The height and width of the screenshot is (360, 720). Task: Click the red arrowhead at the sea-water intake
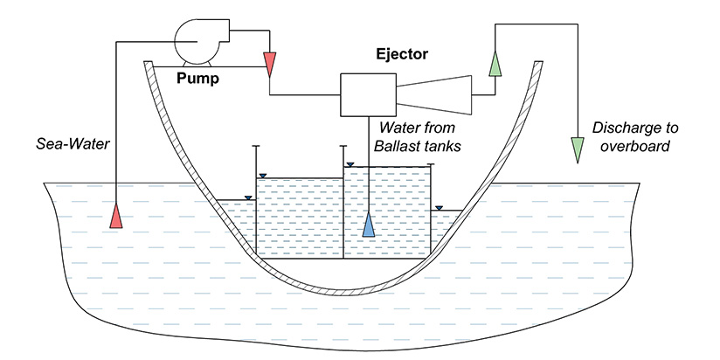point(116,214)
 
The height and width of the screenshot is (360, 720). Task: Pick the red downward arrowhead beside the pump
point(269,62)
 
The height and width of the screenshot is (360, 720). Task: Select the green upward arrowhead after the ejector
point(495,64)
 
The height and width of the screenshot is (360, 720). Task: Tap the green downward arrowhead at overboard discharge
point(577,149)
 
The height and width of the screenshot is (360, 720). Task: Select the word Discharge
point(621,128)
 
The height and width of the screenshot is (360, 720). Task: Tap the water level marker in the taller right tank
point(350,163)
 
